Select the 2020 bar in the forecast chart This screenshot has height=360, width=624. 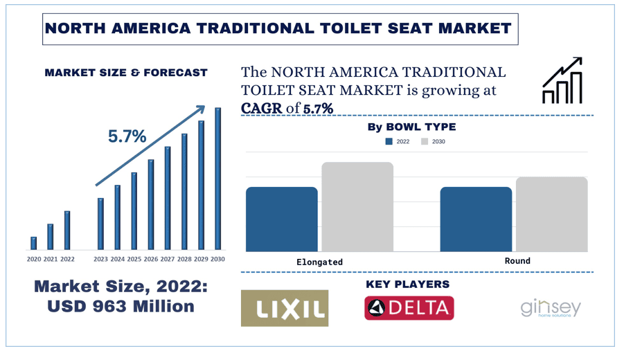33,243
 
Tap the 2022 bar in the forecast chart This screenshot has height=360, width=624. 67,231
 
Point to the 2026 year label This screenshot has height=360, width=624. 151,260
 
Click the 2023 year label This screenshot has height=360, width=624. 100,260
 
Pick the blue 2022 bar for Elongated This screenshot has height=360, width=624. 282,219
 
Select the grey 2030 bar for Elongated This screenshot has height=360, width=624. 357,207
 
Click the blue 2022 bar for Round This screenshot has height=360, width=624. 476,219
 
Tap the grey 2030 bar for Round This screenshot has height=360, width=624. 552,215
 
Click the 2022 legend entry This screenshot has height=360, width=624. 398,142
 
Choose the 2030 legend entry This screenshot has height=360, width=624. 434,142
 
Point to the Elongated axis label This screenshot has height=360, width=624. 319,262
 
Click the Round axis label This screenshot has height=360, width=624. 517,261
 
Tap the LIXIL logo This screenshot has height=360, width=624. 285,308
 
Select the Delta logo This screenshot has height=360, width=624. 409,308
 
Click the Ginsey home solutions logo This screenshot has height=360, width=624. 551,308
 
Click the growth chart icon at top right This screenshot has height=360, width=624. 562,81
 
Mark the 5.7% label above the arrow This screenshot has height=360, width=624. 127,136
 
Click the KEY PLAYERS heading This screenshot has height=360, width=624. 407,285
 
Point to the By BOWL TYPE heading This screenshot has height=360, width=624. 411,127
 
